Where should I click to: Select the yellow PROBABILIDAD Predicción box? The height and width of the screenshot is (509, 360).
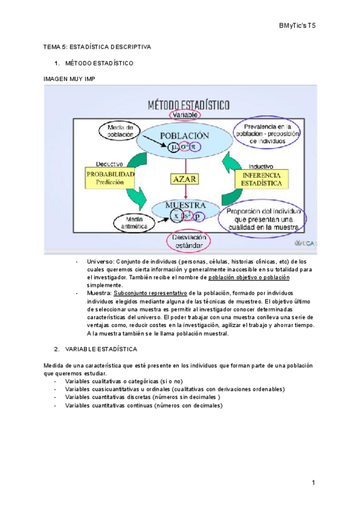pyautogui.click(x=109, y=177)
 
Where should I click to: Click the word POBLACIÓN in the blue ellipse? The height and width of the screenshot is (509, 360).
pyautogui.click(x=185, y=135)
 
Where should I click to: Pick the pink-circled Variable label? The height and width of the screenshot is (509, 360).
pyautogui.click(x=185, y=114)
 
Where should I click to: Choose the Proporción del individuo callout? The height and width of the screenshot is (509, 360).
pyautogui.click(x=263, y=219)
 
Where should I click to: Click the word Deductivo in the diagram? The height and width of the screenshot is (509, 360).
pyautogui.click(x=110, y=163)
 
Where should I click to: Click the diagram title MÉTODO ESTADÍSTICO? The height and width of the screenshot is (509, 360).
pyautogui.click(x=188, y=104)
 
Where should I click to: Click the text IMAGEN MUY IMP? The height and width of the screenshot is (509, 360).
pyautogui.click(x=70, y=79)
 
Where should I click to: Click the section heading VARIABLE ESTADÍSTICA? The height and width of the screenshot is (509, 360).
pyautogui.click(x=101, y=349)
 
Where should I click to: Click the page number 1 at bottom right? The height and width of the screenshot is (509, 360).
pyautogui.click(x=313, y=483)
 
